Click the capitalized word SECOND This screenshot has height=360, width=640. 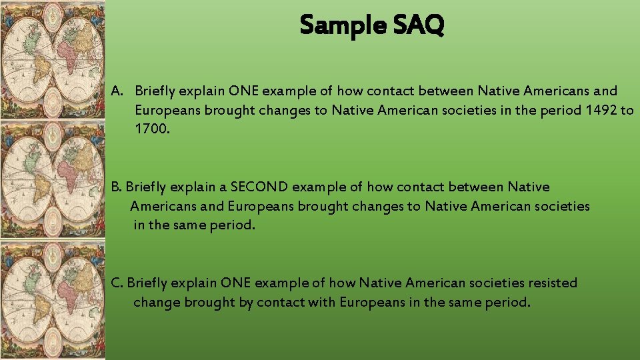click(258, 187)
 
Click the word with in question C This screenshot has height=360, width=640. click(321, 302)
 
